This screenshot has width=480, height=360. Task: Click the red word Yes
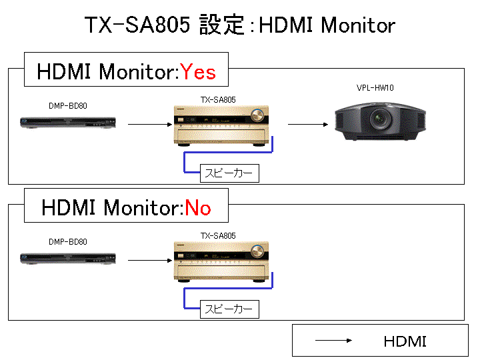coord(198,72)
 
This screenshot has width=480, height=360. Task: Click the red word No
coord(198,208)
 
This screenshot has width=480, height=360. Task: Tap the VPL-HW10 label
coord(375,88)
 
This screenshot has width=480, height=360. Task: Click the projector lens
coord(380,119)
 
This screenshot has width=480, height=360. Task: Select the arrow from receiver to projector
coord(308,124)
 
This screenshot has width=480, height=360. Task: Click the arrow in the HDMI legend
coord(334,340)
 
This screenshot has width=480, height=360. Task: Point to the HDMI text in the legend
coord(405,341)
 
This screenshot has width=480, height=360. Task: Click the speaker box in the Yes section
coord(229,173)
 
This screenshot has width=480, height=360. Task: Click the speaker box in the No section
coord(229,309)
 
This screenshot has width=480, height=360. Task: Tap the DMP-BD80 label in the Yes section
coord(68,106)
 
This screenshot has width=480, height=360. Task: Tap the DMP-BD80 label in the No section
coord(68,242)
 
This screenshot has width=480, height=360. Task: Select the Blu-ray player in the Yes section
coord(68,123)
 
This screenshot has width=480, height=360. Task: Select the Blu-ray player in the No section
coord(68,259)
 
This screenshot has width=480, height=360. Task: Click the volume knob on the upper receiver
coord(257,115)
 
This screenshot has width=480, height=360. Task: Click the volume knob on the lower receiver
coord(257,251)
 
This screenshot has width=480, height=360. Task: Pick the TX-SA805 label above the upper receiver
coord(218,100)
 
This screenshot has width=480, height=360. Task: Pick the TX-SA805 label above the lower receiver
coord(218,236)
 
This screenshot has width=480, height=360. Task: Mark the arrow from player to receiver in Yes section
coord(150,124)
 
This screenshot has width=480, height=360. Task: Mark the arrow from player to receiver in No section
coord(150,261)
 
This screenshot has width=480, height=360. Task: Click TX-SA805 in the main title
coord(137,25)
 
